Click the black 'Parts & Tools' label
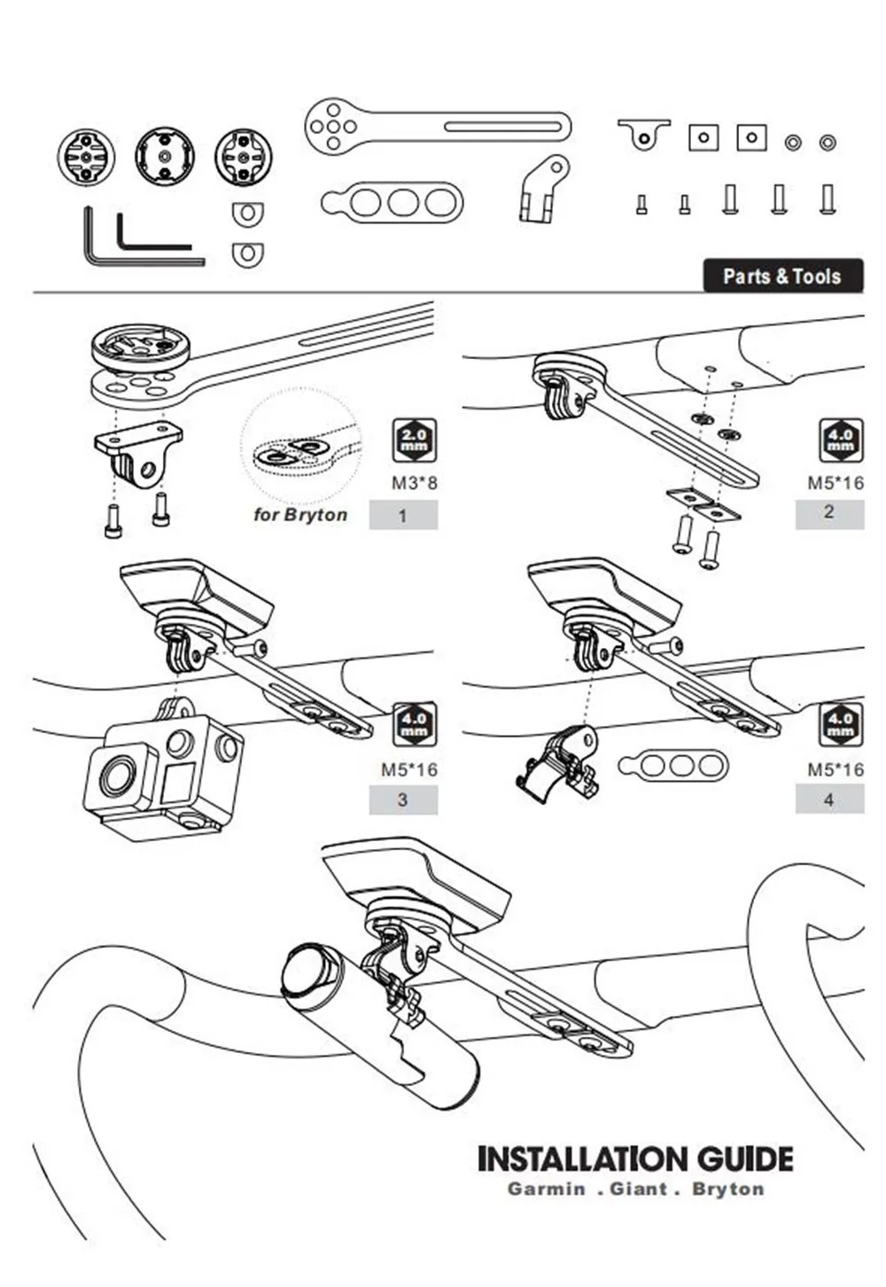point(781,276)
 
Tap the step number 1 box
point(403,515)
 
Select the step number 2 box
point(829,512)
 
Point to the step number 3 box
point(403,799)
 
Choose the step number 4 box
point(829,799)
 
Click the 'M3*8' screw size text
point(415,483)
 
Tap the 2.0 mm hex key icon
point(414,441)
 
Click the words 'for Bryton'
point(300,515)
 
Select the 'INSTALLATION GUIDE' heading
point(634,1159)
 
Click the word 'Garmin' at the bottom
point(546,1189)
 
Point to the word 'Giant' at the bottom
point(638,1189)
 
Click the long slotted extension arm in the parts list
point(437,128)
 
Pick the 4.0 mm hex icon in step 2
point(839,441)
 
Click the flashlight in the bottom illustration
point(381,1028)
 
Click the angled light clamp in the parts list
point(542,188)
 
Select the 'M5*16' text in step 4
point(835,769)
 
